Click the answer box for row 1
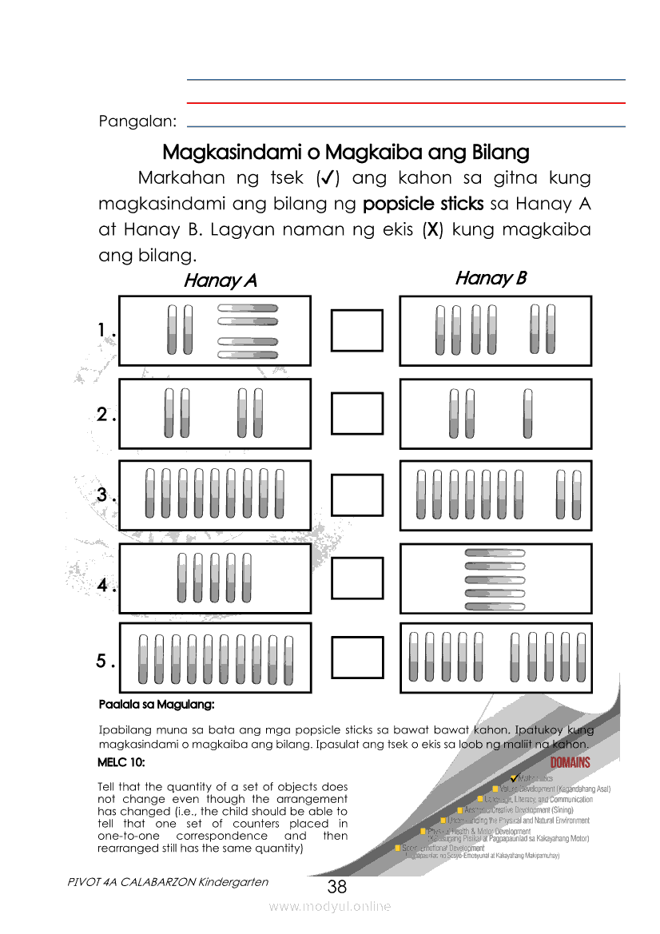357,330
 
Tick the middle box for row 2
357,413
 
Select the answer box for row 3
357,495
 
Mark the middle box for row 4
357,578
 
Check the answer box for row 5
357,658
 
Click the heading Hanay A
220,280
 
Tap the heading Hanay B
491,278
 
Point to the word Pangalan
137,121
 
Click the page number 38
336,887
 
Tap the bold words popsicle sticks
423,203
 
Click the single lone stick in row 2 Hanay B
527,413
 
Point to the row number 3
102,495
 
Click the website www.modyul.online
329,906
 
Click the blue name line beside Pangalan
405,126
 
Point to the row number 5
101,662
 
